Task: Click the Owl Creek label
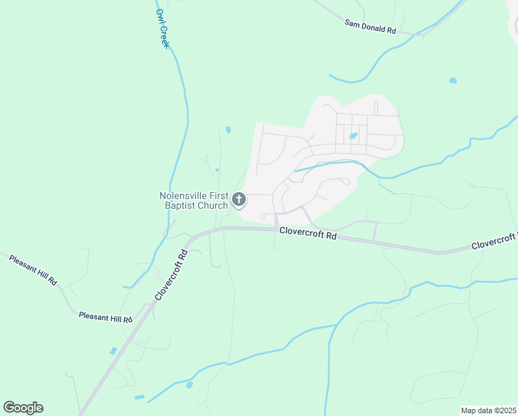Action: coord(163,28)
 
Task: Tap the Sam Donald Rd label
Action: coord(370,26)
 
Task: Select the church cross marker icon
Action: coord(239,200)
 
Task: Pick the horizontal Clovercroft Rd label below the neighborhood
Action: coord(308,234)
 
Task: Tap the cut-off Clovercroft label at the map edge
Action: coord(494,243)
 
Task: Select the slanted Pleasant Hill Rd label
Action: coord(33,270)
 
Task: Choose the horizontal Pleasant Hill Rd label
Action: coord(105,317)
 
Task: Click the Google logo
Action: coord(24,408)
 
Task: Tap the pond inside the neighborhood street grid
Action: coord(354,136)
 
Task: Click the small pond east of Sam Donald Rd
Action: coord(453,80)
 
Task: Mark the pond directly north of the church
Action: coord(228,129)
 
